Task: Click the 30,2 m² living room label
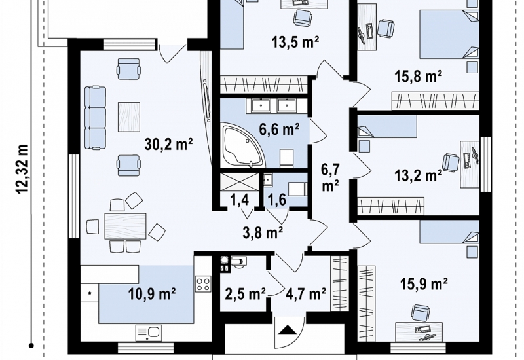coord(169,145)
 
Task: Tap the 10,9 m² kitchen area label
coord(153,294)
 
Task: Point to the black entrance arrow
coord(288,330)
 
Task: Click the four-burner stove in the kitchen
coord(203,284)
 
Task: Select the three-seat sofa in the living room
coord(95,118)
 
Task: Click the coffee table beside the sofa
coord(129,117)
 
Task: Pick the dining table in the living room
coord(125,226)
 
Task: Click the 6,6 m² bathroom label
coord(280,129)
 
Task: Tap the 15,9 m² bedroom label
coord(424,285)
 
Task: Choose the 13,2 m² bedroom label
coord(419,175)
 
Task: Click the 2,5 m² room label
coord(245,294)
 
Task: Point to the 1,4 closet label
coord(239,200)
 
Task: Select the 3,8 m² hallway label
coord(263,233)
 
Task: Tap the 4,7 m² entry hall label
coord(306,294)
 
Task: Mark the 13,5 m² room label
coord(295,42)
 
